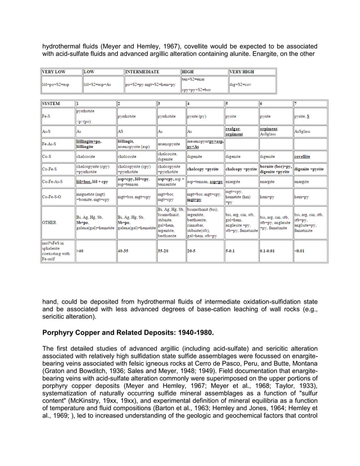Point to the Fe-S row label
46,116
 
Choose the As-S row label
46,131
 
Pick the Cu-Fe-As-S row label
51,182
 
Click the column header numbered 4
188,104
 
